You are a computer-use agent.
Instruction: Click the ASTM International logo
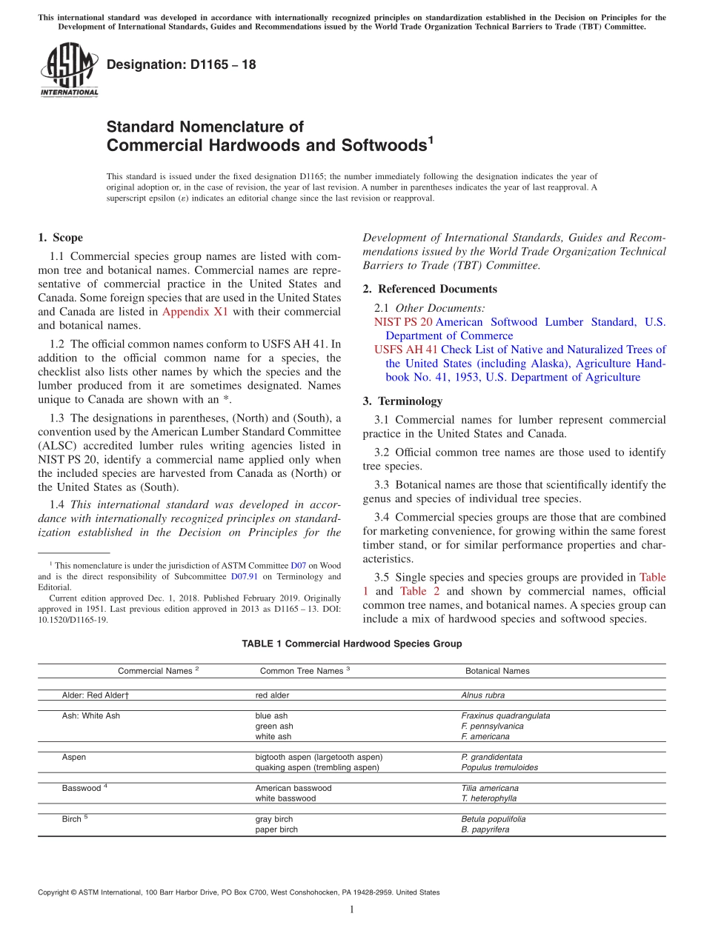[x=69, y=70]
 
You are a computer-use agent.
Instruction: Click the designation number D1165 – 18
[x=181, y=64]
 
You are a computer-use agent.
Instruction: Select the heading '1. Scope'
[x=60, y=238]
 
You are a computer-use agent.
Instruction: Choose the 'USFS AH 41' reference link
[x=405, y=350]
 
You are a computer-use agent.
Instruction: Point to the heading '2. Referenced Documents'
[x=430, y=289]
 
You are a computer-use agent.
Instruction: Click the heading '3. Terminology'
[x=402, y=401]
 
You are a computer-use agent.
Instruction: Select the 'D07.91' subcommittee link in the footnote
[x=245, y=576]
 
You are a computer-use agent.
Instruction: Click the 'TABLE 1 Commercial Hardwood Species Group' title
[x=351, y=644]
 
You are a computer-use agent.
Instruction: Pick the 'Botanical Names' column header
[x=497, y=671]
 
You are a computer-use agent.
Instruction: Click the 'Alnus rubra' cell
[x=483, y=695]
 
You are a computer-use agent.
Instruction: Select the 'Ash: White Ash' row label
[x=90, y=716]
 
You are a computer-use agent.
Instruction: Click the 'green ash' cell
[x=274, y=726]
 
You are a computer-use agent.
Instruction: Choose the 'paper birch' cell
[x=276, y=830]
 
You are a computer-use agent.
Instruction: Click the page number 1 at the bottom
[x=352, y=909]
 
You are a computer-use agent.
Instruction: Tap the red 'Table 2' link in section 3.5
[x=420, y=591]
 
